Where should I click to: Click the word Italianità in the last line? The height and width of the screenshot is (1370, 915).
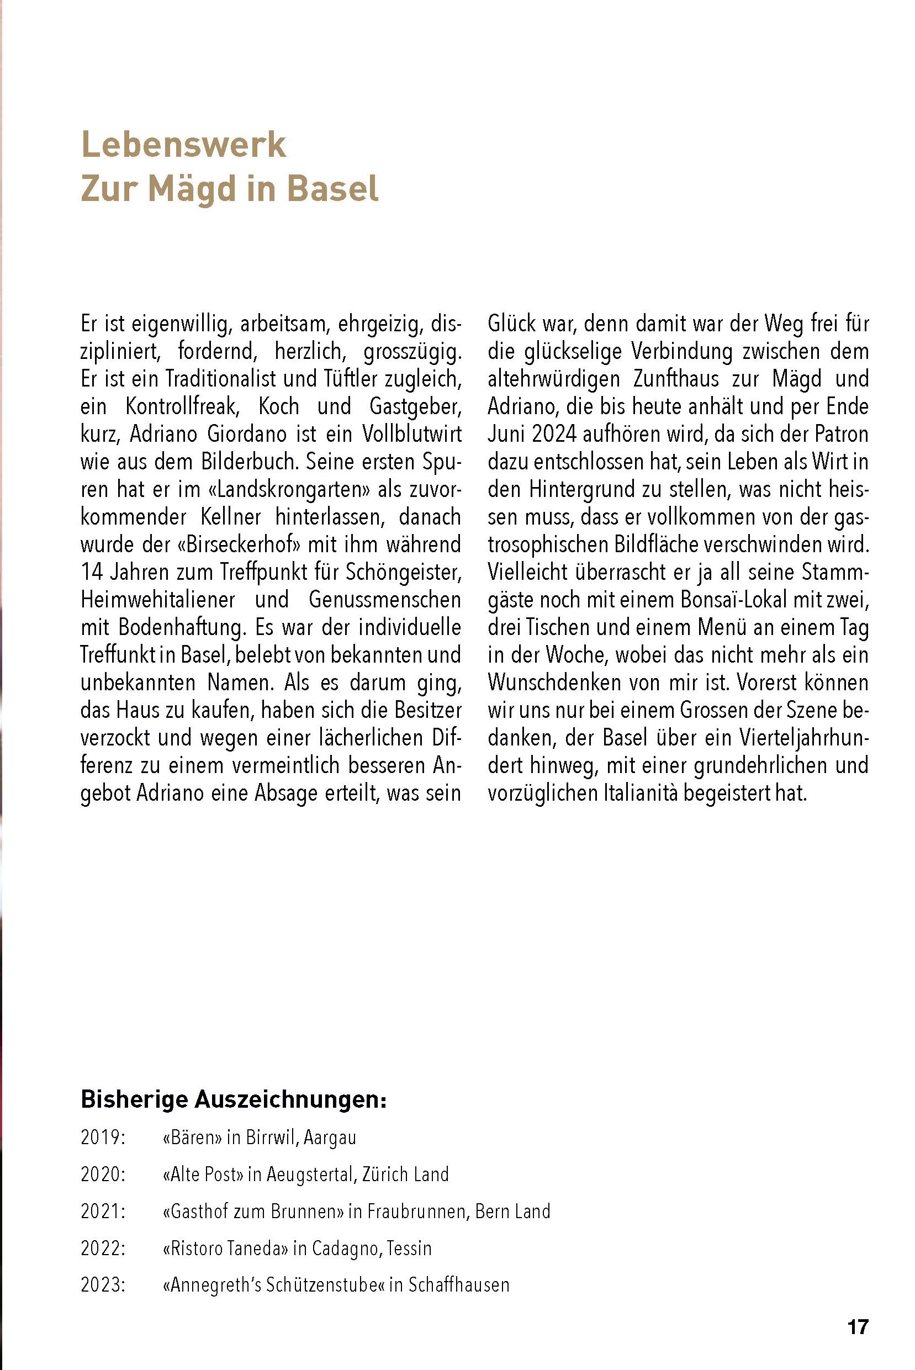click(x=623, y=793)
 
